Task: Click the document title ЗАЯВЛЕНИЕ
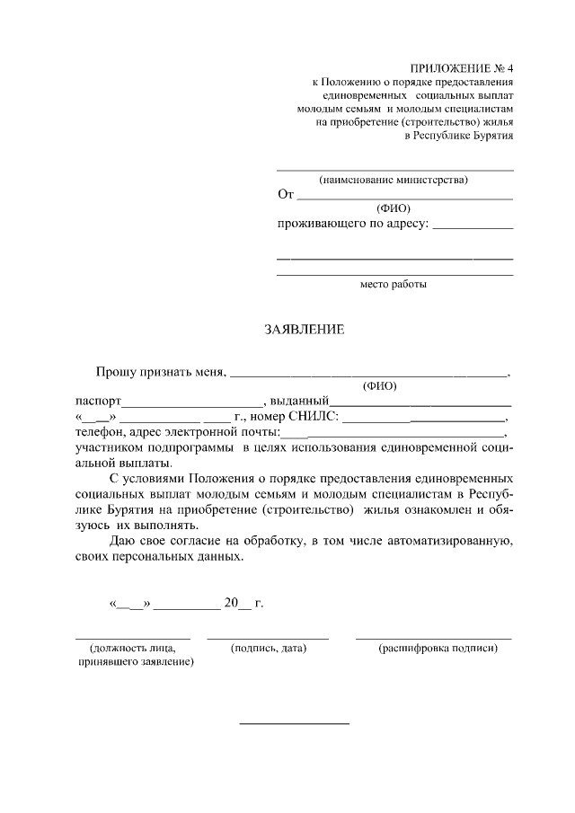coord(304,330)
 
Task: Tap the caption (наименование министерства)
coord(394,179)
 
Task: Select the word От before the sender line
coord(286,194)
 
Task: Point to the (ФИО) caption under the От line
coord(394,208)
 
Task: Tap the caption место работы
coord(394,285)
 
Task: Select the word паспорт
coord(98,402)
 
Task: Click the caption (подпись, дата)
coord(269,648)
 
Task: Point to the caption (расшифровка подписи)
coord(438,648)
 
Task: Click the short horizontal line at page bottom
coord(293,723)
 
